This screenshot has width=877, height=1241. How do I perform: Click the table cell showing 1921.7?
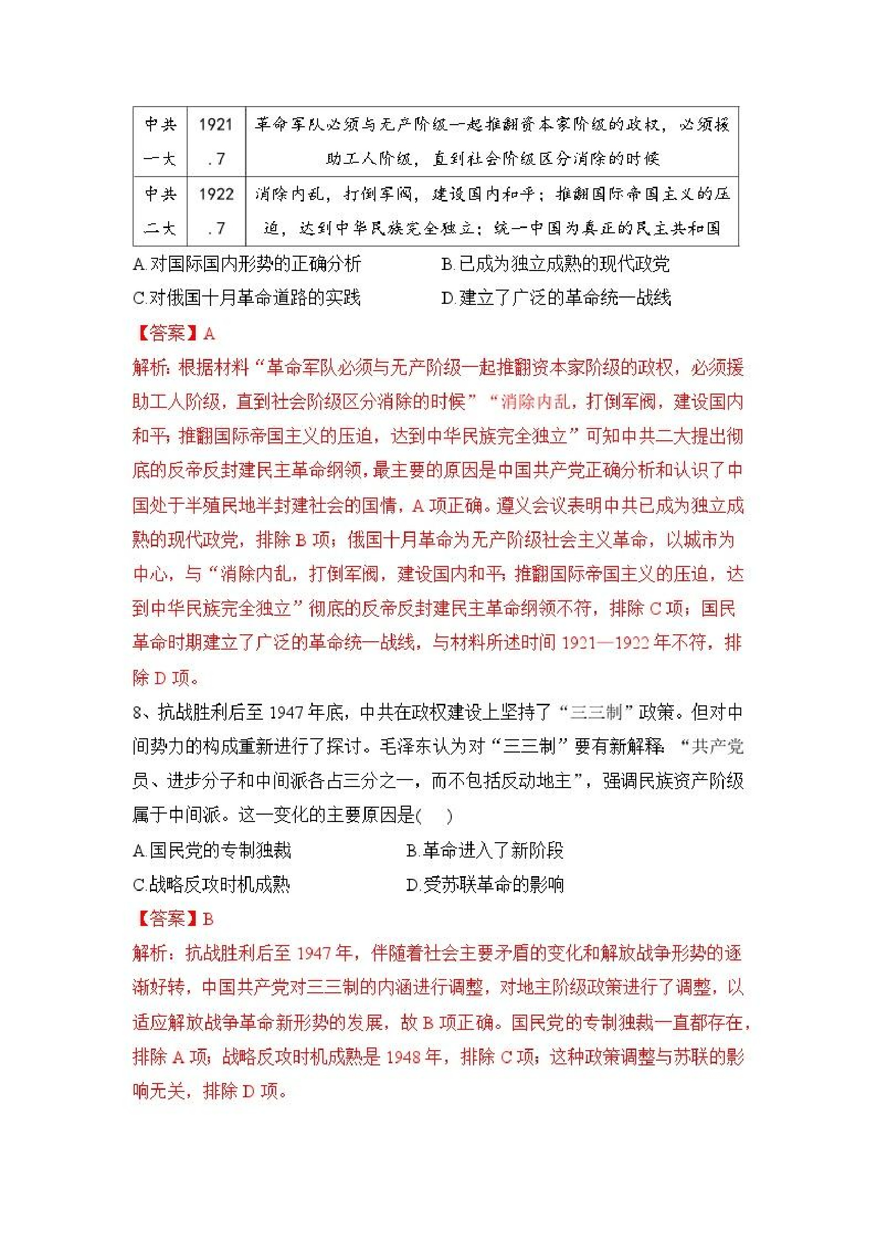216,141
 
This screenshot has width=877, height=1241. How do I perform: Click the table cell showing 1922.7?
216,211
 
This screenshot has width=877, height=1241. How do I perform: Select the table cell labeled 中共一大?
160,141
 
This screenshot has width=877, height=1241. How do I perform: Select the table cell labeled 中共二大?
160,211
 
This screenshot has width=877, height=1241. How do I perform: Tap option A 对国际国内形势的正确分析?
247,264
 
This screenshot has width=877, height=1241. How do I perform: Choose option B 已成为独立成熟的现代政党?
556,264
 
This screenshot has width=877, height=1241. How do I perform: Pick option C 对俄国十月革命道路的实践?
247,298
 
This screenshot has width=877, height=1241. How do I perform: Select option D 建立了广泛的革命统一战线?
556,298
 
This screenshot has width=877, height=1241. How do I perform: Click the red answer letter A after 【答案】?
209,334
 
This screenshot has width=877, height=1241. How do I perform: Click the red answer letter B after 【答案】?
208,919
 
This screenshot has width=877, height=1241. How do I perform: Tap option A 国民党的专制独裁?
212,850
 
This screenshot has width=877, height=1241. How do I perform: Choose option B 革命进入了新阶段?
485,850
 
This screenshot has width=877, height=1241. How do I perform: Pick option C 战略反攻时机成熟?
212,884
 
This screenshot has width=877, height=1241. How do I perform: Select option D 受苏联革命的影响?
485,884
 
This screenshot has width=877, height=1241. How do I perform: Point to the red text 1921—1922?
604,643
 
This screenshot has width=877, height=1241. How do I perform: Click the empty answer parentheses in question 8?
434,816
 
